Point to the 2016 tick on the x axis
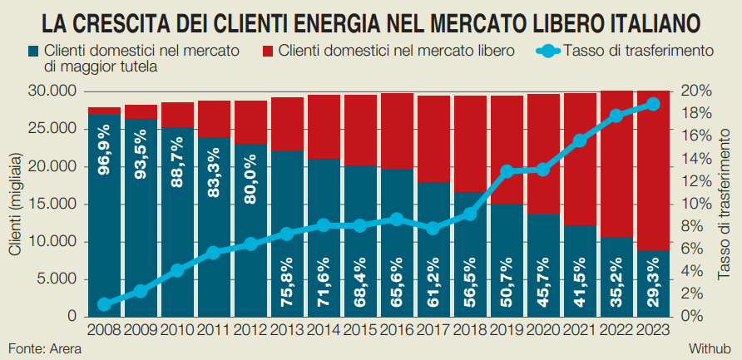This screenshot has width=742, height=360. pyautogui.click(x=398, y=329)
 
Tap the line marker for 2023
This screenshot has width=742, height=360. pyautogui.click(x=653, y=104)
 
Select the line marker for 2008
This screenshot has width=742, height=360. pyautogui.click(x=104, y=304)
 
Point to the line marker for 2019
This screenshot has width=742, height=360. pyautogui.click(x=507, y=171)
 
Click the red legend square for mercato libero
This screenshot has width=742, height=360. pyautogui.click(x=268, y=52)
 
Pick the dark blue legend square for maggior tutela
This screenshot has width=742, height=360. pyautogui.click(x=32, y=52)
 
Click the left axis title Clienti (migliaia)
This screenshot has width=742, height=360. pyautogui.click(x=14, y=205)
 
